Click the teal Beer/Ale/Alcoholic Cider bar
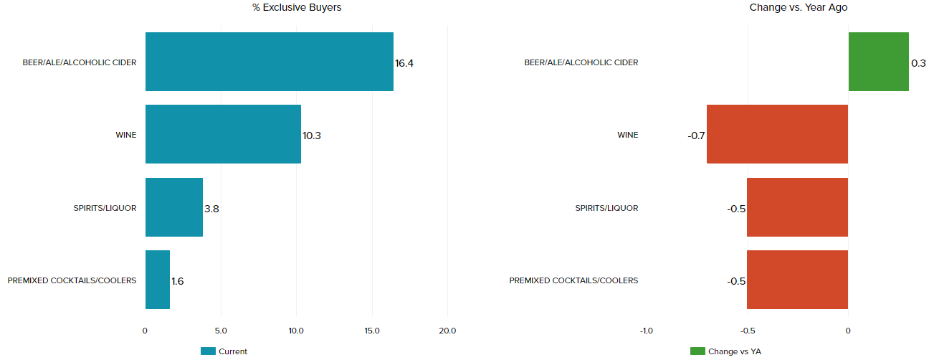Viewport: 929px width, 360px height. (x=269, y=62)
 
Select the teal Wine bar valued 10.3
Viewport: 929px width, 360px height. (x=223, y=134)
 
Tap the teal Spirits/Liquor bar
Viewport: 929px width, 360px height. (x=173, y=207)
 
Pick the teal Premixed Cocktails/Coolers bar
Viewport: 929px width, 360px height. (x=157, y=280)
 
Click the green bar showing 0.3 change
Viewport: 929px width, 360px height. (x=878, y=62)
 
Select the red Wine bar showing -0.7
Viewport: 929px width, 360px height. (x=777, y=134)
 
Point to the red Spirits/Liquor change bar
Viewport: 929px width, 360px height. (x=797, y=207)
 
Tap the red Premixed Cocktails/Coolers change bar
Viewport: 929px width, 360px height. (x=797, y=280)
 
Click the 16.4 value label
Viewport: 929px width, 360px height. (x=404, y=63)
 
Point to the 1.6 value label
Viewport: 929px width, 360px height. (x=178, y=281)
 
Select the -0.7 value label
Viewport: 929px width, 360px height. (x=696, y=136)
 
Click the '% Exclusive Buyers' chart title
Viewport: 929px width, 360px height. (x=296, y=7)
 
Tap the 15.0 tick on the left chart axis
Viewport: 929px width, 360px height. (x=372, y=331)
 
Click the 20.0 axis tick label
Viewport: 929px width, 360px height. (x=447, y=331)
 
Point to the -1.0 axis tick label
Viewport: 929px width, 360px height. (x=646, y=331)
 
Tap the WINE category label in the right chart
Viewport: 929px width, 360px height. (x=627, y=135)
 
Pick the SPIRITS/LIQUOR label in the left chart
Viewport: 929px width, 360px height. (x=105, y=208)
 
